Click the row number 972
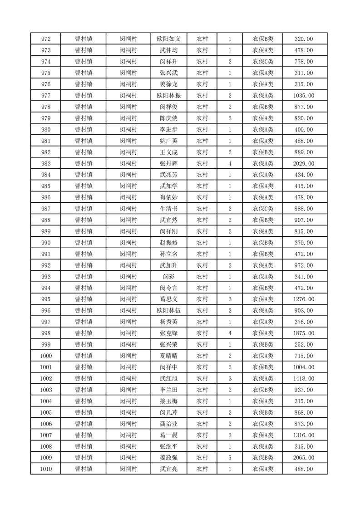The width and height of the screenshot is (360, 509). (46, 39)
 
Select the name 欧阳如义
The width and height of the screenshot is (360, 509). (168, 39)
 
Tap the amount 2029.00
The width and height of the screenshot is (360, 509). (304, 163)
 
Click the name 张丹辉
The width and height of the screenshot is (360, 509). (168, 163)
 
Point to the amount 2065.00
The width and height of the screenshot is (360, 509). (304, 458)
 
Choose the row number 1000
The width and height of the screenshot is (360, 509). (46, 356)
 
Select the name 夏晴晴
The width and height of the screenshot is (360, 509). (168, 356)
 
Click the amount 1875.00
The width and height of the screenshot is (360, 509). (304, 333)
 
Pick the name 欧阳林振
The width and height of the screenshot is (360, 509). (168, 96)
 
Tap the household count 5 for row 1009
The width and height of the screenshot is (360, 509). (230, 458)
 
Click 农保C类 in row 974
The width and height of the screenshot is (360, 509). (263, 62)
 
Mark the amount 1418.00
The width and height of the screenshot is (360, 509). (304, 379)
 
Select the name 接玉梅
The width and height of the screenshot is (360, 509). (168, 401)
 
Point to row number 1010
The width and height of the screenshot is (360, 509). (46, 469)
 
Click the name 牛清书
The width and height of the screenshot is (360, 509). (168, 209)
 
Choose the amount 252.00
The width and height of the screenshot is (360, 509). (304, 345)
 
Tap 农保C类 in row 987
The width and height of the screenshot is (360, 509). (263, 209)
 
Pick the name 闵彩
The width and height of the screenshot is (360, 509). (168, 277)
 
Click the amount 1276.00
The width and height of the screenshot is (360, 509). (304, 299)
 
